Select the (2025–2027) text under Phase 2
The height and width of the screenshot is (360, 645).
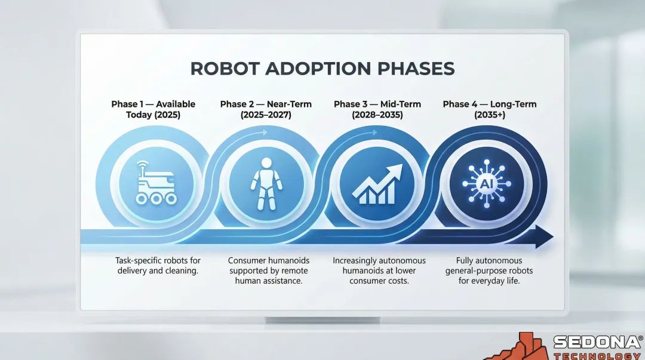266,115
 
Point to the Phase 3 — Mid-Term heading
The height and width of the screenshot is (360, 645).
377,104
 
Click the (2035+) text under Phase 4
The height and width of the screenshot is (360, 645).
489,115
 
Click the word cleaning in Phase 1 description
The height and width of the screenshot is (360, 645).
183,271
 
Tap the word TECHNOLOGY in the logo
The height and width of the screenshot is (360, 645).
597,356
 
